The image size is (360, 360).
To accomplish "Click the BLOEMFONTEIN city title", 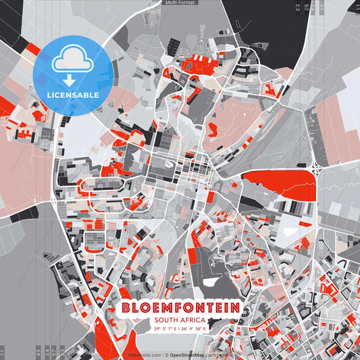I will click(180, 307).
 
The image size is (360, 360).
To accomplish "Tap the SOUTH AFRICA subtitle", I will click(180, 320).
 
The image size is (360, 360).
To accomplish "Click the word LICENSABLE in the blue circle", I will click(73, 95).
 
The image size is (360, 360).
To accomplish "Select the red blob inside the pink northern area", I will click(213, 128).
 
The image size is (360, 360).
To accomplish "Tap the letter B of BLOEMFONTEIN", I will click(126, 307).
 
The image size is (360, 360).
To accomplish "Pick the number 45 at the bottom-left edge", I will click(38, 352).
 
